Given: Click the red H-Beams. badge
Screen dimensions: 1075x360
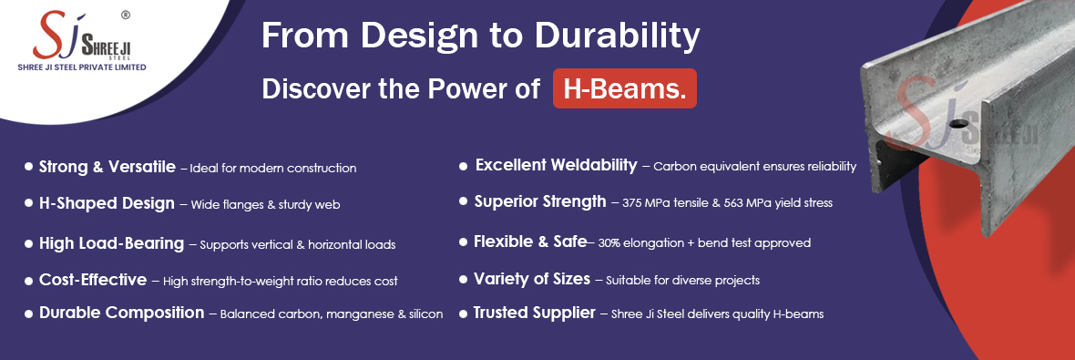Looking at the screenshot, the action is pyautogui.click(x=625, y=88).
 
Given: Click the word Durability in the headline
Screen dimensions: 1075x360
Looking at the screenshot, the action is pyautogui.click(x=617, y=36).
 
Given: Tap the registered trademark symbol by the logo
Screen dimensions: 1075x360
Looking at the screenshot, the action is pyautogui.click(x=126, y=15).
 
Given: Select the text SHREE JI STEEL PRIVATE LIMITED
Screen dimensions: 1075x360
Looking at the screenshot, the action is pyautogui.click(x=82, y=67).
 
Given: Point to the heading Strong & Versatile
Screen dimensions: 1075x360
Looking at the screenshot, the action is pyautogui.click(x=107, y=167).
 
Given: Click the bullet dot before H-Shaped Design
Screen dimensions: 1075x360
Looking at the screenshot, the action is pyautogui.click(x=28, y=203).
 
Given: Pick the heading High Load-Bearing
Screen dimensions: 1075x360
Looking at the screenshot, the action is pyautogui.click(x=112, y=243).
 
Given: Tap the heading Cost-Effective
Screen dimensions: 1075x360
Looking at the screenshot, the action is pyautogui.click(x=93, y=280).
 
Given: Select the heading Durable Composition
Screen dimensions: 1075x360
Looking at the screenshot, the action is pyautogui.click(x=121, y=313).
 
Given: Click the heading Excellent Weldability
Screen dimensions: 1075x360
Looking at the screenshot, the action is pyautogui.click(x=556, y=165).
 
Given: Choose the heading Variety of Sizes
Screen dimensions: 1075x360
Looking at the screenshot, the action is pyautogui.click(x=532, y=279).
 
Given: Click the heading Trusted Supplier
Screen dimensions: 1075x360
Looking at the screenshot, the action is pyautogui.click(x=534, y=313).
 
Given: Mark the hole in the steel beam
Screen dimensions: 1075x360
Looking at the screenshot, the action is pyautogui.click(x=959, y=124).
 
